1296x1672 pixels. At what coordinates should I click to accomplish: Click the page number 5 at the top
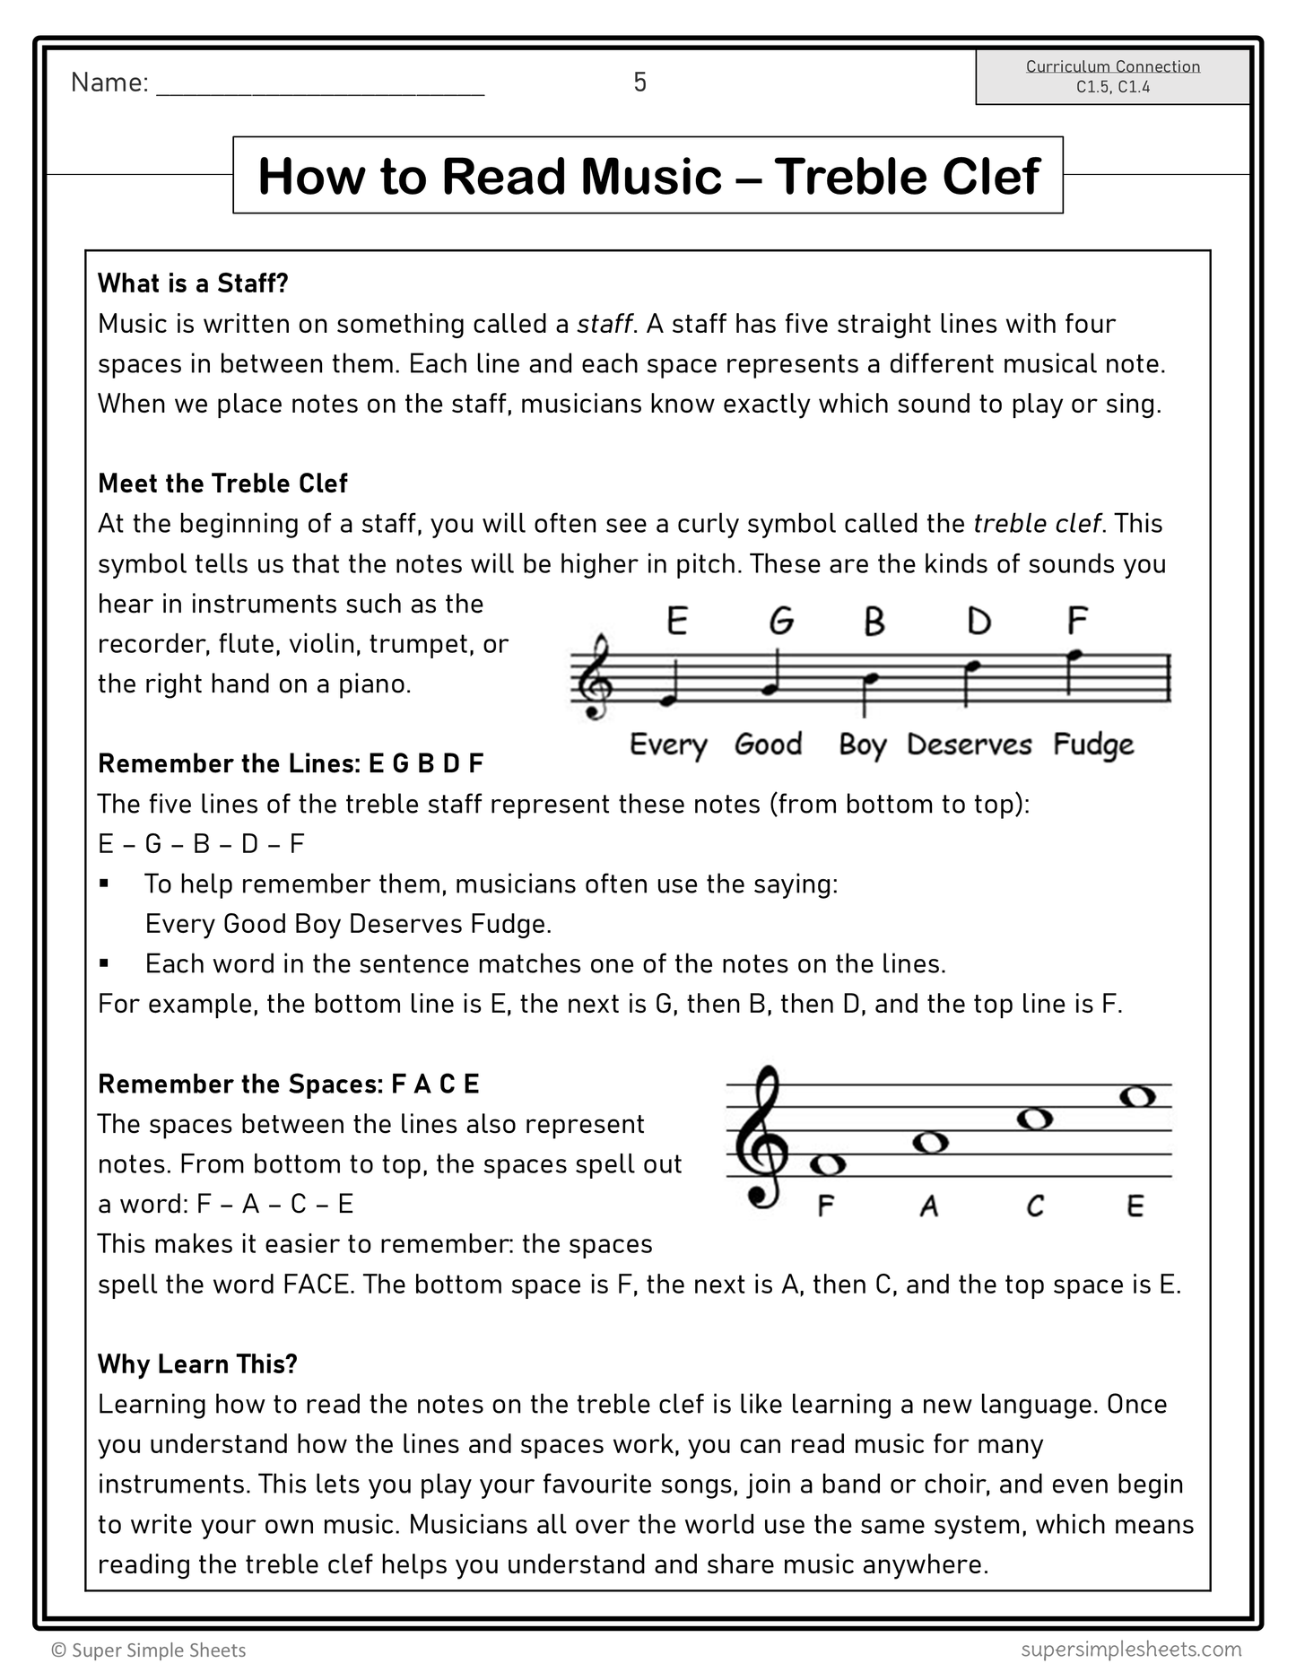[x=639, y=83]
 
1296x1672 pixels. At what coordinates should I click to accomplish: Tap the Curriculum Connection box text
[x=1112, y=76]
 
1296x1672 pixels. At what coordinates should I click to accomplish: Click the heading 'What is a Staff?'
[x=193, y=283]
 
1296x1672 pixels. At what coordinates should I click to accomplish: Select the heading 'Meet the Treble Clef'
[x=222, y=483]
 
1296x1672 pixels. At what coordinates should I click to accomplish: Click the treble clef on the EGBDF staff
[x=595, y=677]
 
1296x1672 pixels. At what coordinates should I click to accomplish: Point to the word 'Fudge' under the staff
[x=1092, y=745]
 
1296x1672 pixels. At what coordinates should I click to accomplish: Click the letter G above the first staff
[x=781, y=621]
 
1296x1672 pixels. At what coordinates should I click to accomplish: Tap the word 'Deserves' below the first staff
[x=969, y=745]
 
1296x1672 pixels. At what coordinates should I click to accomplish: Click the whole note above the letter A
[x=929, y=1143]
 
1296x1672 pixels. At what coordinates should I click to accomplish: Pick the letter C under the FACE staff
[x=1035, y=1206]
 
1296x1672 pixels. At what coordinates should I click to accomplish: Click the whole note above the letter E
[x=1137, y=1096]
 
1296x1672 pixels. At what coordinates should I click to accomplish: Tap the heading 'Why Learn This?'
[x=197, y=1364]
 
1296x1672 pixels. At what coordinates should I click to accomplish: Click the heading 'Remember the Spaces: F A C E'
[x=288, y=1084]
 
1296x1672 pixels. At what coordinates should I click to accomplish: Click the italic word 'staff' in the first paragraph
[x=605, y=324]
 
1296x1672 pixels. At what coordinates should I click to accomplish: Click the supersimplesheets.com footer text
[x=1130, y=1649]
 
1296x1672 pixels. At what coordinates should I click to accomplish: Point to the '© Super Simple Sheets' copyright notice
[x=149, y=1650]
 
